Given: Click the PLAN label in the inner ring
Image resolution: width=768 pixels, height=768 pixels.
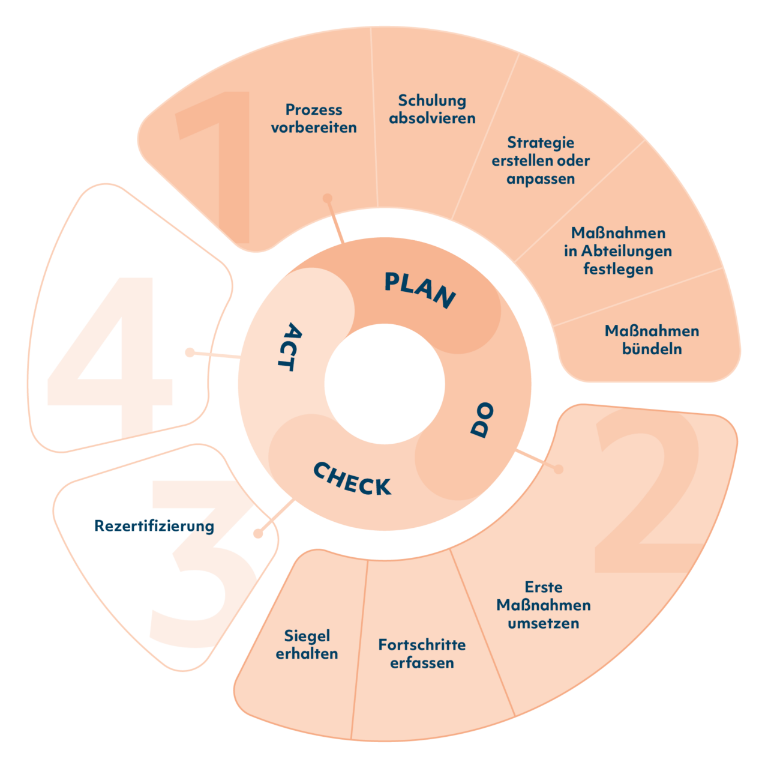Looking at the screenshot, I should (419, 290).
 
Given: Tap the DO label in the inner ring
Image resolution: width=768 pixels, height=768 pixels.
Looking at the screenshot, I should (481, 420).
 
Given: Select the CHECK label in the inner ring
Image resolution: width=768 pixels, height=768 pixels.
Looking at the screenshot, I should (352, 479).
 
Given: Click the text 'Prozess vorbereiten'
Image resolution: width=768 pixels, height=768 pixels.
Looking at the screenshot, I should (314, 118).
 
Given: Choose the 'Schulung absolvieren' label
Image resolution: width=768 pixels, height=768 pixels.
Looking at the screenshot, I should (432, 109).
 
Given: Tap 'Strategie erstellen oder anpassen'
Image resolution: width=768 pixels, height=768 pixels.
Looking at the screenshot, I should (541, 160).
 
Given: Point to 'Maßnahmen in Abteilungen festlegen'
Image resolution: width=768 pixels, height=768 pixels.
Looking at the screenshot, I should (618, 250).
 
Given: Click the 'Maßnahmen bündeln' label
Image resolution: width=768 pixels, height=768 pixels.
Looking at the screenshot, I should (652, 340).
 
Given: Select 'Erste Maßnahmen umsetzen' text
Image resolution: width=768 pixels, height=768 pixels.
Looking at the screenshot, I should (544, 605).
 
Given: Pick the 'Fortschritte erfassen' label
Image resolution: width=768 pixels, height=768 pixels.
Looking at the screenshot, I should (422, 653).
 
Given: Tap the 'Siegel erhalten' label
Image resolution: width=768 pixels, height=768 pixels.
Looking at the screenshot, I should (307, 644).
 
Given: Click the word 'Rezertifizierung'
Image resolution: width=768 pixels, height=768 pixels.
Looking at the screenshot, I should (154, 526).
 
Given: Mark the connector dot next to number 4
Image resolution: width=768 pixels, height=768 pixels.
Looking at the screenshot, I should (190, 352).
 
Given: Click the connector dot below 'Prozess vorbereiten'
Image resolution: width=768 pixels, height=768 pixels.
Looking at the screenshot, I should (328, 198).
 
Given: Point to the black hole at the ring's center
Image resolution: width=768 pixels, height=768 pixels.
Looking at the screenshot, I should (385, 384).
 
